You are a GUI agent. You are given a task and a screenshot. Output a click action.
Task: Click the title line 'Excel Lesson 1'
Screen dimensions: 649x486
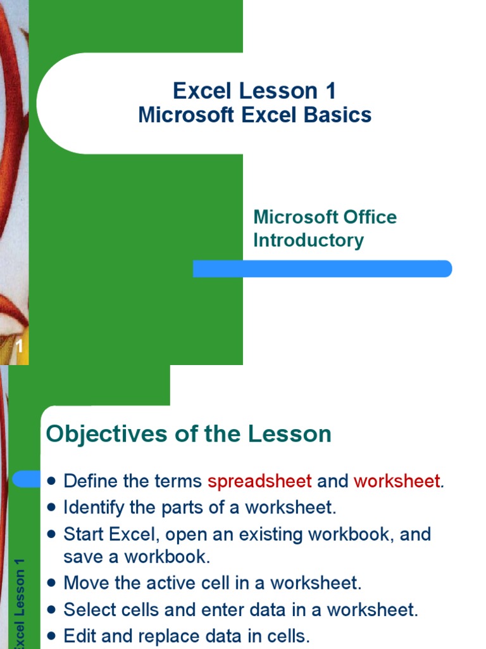(x=254, y=91)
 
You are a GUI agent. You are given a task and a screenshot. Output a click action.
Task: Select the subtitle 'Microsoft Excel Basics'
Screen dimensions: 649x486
(x=254, y=115)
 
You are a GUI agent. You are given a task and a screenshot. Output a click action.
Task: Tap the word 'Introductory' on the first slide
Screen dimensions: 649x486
(x=308, y=240)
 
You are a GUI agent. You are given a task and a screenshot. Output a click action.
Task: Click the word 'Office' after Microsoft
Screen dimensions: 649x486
(x=361, y=217)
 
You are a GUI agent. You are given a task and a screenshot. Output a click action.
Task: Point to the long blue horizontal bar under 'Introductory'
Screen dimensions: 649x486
(x=322, y=269)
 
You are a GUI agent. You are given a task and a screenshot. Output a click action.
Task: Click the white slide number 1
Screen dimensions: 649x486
(x=20, y=346)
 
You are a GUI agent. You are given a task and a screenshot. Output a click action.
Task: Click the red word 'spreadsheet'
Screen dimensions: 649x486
(x=259, y=481)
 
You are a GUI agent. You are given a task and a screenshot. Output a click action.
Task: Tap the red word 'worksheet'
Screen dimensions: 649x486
(x=396, y=481)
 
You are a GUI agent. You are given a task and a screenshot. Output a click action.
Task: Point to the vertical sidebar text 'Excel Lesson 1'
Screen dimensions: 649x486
(x=20, y=602)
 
